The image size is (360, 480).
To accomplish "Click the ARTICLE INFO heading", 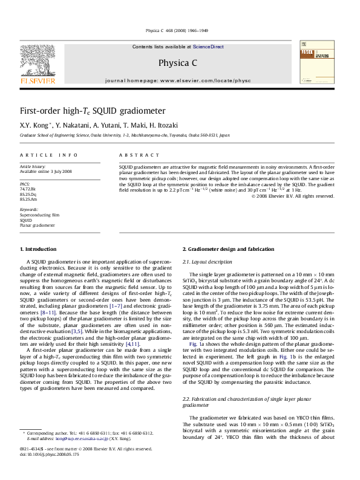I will (48, 155).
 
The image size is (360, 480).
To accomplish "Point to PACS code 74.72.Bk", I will (28, 189).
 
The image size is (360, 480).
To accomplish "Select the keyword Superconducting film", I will (39, 215).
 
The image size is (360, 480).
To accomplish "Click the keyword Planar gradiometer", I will (38, 225).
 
